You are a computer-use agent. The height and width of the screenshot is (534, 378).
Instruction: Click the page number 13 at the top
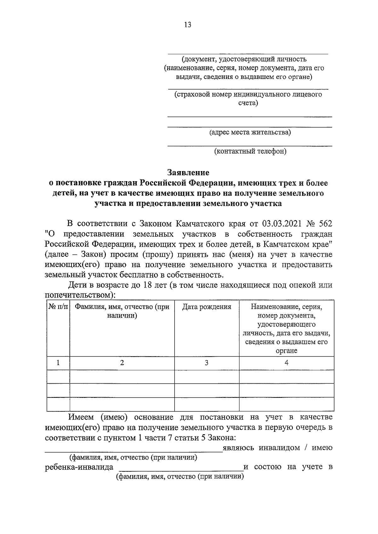188,25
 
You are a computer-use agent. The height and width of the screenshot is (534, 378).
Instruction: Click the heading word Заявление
188,172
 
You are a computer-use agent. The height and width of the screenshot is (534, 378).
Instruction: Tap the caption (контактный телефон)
250,151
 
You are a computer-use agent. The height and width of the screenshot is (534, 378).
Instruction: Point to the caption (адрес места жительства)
250,132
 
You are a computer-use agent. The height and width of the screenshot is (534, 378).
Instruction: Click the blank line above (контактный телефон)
249,145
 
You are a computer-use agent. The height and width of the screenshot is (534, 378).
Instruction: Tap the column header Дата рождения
207,307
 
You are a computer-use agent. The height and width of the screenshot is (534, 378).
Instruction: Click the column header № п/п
58,307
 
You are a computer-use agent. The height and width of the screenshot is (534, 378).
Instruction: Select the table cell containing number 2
122,363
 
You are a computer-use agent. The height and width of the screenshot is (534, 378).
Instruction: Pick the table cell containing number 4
286,363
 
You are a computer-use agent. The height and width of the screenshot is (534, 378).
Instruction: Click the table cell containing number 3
207,363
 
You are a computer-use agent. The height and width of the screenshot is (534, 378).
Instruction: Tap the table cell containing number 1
58,363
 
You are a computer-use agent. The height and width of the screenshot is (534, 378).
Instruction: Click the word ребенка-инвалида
79,467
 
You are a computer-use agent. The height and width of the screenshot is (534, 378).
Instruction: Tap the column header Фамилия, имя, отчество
122,311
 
